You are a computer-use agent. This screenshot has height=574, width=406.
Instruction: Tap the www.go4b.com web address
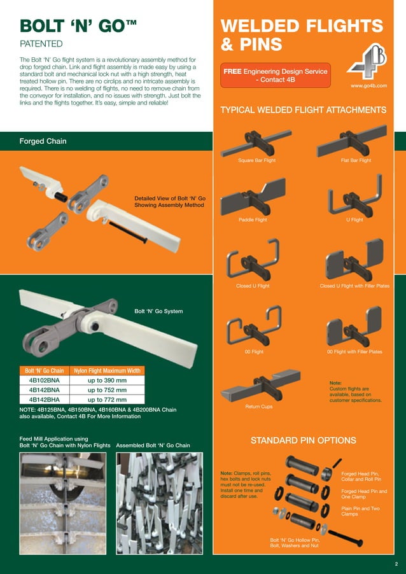tap(369, 85)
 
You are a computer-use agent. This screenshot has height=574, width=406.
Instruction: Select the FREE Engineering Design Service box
tap(275, 76)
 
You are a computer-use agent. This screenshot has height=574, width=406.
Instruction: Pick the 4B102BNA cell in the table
tap(44, 380)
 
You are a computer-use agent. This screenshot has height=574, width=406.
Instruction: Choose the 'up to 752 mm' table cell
tap(108, 390)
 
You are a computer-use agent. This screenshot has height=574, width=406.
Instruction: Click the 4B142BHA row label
tap(44, 400)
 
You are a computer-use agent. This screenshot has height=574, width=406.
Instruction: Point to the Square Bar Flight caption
tap(256, 160)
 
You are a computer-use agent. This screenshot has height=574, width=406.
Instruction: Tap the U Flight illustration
tap(354, 201)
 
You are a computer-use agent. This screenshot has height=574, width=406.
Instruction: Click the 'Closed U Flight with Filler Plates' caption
tap(354, 286)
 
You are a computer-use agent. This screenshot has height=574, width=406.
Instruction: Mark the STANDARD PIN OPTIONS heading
tap(303, 440)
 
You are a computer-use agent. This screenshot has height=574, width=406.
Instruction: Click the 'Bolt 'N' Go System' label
tap(158, 311)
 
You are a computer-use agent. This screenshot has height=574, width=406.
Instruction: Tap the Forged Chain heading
tap(43, 141)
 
